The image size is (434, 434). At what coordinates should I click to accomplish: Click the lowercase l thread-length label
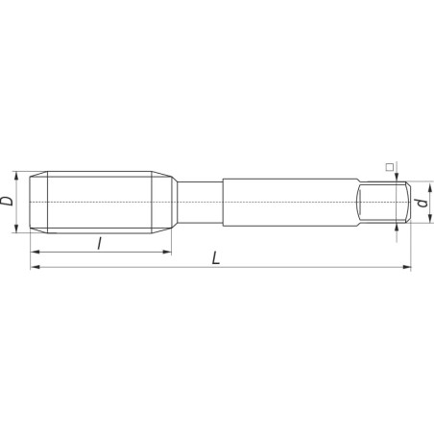[100, 244]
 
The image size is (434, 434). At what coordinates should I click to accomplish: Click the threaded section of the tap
[106, 203]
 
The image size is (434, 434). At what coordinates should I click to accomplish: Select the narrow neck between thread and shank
[199, 203]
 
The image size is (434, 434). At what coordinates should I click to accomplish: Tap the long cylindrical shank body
[288, 203]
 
